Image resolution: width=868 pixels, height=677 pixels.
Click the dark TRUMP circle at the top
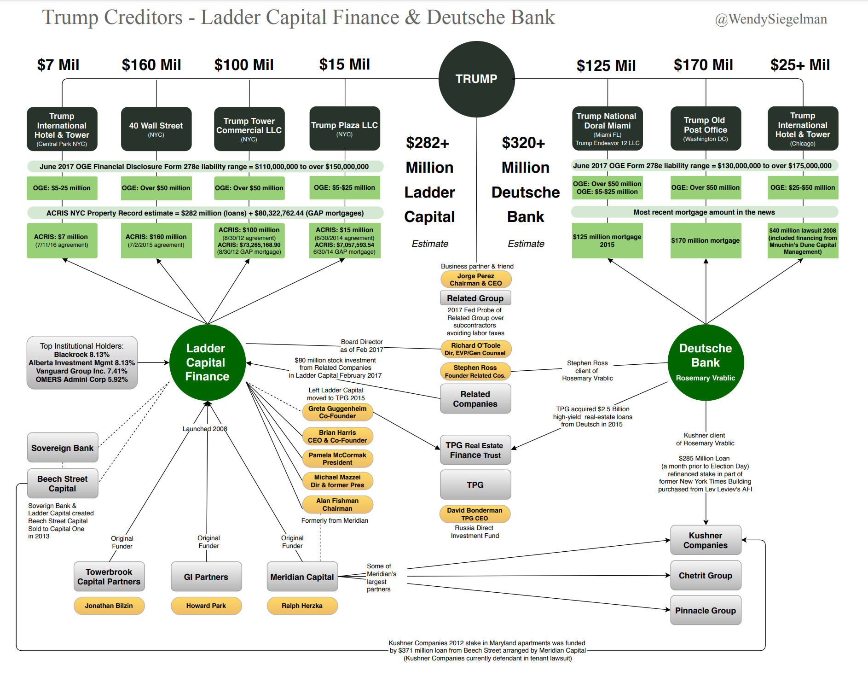476,79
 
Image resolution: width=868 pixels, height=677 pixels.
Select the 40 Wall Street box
156,129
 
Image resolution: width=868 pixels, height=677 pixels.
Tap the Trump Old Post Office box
706,128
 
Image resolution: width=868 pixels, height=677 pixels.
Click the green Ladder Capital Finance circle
207,362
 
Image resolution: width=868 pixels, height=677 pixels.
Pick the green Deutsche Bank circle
706,362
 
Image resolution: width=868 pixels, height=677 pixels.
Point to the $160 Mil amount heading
151,65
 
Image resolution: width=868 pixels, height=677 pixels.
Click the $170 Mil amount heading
703,65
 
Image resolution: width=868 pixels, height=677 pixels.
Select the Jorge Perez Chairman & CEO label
476,280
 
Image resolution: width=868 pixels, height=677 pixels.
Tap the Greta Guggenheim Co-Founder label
337,412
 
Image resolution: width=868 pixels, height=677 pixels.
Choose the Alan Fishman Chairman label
337,504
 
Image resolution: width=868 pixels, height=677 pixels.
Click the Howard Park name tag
206,606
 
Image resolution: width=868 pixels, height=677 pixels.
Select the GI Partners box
206,577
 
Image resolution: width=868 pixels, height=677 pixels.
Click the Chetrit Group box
706,575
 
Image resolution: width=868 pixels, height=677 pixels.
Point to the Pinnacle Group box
706,610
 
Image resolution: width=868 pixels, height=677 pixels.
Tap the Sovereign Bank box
63,448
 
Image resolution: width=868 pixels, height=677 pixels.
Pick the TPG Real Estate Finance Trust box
475,450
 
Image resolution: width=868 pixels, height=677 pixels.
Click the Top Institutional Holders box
82,362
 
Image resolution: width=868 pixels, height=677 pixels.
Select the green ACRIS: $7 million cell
62,240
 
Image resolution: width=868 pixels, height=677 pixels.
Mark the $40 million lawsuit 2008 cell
803,240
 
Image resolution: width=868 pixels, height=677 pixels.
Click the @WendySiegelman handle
771,19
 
